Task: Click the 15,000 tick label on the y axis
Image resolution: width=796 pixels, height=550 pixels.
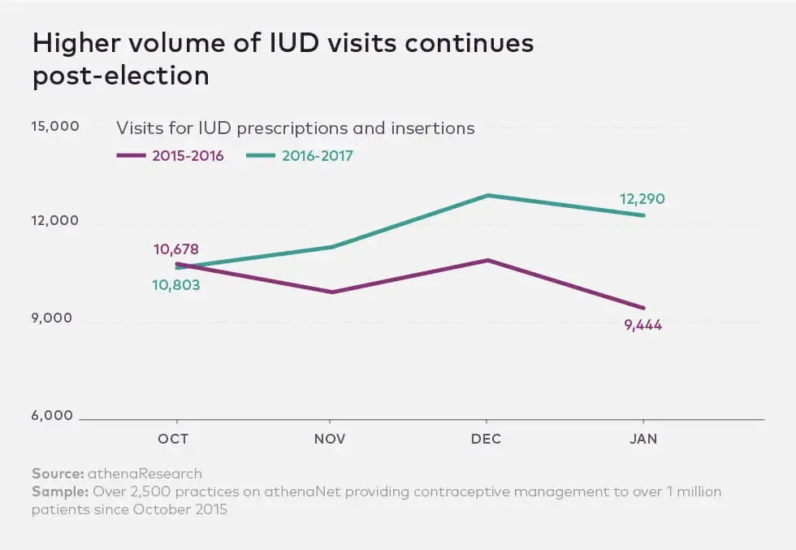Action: tap(55, 127)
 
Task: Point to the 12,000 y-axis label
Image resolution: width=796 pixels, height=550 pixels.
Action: tap(55, 221)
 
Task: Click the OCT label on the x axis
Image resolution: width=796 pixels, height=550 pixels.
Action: tap(173, 439)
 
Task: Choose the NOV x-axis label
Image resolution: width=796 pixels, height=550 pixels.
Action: tap(330, 439)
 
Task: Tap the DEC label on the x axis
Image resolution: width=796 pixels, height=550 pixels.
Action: tap(487, 439)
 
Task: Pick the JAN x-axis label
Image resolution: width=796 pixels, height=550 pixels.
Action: tap(643, 439)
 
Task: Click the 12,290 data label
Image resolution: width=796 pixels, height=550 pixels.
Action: tap(643, 199)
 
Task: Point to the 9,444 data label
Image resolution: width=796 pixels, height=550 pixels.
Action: tap(643, 326)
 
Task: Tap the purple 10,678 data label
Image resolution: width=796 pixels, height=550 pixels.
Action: tap(176, 249)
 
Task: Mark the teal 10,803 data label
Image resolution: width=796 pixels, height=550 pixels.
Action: tap(176, 285)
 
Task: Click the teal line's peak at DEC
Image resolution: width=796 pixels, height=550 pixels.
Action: tap(487, 195)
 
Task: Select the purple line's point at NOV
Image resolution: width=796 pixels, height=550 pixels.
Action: tap(331, 292)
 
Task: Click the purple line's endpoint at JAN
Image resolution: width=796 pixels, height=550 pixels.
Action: tap(644, 308)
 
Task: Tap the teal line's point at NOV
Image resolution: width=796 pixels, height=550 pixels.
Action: tap(331, 246)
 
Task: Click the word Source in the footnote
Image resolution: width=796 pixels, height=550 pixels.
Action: tap(58, 474)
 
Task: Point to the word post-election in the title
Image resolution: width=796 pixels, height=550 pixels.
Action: tap(121, 76)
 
